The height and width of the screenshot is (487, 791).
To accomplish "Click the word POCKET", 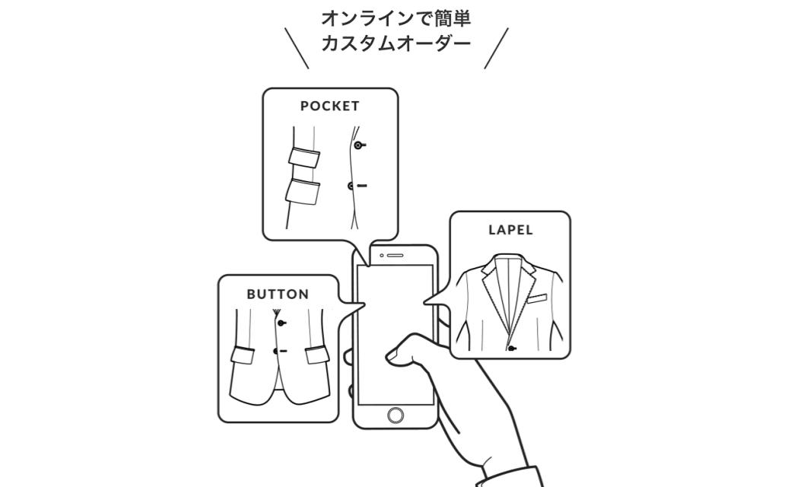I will pyautogui.click(x=329, y=107).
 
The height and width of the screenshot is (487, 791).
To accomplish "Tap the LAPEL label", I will pyautogui.click(x=510, y=230).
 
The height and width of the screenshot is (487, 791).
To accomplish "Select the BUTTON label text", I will pyautogui.click(x=278, y=294).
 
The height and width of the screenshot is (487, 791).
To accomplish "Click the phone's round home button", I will pyautogui.click(x=395, y=415).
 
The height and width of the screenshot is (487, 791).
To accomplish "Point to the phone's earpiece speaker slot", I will pyautogui.click(x=395, y=256).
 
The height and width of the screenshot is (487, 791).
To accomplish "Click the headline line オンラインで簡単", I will pyautogui.click(x=395, y=18).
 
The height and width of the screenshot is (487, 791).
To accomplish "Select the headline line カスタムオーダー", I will pyautogui.click(x=395, y=43).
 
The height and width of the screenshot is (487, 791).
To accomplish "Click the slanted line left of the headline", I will pyautogui.click(x=297, y=48).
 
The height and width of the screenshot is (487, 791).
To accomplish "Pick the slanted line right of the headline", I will pyautogui.click(x=496, y=48).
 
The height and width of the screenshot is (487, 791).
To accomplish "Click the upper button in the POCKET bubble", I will pyautogui.click(x=357, y=145).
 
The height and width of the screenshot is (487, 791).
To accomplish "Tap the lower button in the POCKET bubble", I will pyautogui.click(x=351, y=186).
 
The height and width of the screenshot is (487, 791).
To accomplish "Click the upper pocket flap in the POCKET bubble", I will pyautogui.click(x=304, y=158).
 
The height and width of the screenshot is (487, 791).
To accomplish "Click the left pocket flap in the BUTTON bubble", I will pyautogui.click(x=244, y=354).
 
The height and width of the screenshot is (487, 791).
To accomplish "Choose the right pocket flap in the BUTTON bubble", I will pyautogui.click(x=318, y=355).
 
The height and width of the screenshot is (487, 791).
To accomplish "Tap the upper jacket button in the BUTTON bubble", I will pyautogui.click(x=281, y=323).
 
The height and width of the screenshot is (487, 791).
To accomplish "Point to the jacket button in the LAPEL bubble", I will pyautogui.click(x=513, y=349).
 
